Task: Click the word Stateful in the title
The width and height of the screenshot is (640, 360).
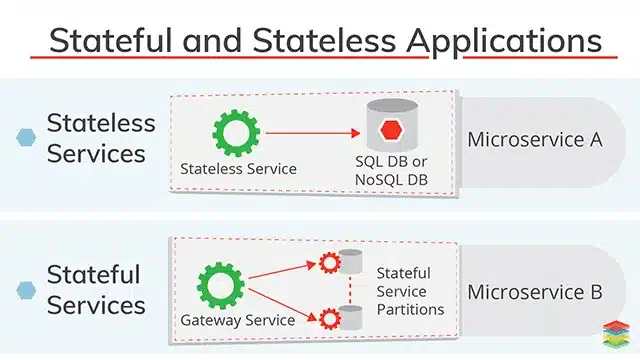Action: click(112, 41)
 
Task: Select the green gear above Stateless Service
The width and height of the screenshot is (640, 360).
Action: click(237, 132)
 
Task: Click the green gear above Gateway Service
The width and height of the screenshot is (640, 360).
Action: click(222, 283)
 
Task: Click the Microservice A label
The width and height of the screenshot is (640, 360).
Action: click(534, 139)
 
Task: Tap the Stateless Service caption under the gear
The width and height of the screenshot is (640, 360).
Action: click(238, 168)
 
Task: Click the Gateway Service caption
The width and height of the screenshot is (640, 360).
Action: click(237, 320)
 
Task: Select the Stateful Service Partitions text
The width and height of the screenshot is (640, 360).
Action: click(410, 291)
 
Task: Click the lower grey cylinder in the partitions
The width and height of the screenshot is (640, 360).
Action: click(349, 317)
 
